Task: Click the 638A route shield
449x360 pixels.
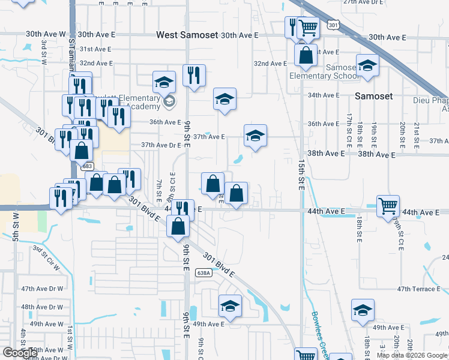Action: (x=203, y=273)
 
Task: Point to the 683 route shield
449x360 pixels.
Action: (x=88, y=166)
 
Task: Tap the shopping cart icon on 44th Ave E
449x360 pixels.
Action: (x=388, y=206)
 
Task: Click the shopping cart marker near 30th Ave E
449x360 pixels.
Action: (x=307, y=27)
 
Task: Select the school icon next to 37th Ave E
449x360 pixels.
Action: (x=255, y=136)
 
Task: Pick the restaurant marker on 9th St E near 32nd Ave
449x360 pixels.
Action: (x=194, y=76)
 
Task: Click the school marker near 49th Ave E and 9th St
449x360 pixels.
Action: (x=230, y=307)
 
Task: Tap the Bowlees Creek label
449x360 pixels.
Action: (x=318, y=330)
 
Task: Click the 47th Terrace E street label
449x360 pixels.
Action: (x=418, y=289)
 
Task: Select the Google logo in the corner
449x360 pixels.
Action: (x=20, y=353)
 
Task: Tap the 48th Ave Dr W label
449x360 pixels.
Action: (x=42, y=307)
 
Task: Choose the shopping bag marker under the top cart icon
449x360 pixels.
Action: (x=306, y=55)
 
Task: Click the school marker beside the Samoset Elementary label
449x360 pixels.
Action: (x=367, y=67)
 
